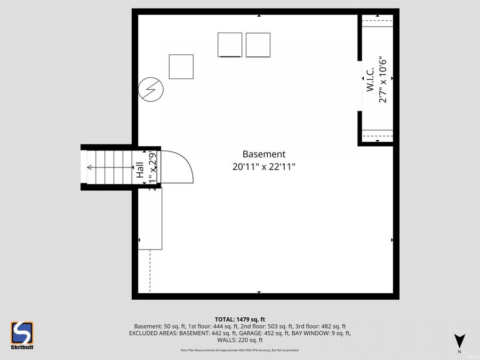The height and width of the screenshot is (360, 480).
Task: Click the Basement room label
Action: pyautogui.click(x=264, y=154)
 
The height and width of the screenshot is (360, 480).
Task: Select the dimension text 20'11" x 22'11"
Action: pyautogui.click(x=264, y=166)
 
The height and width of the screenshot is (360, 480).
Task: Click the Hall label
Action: pyautogui.click(x=140, y=170)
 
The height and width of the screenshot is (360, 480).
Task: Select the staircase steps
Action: pyautogui.click(x=109, y=167)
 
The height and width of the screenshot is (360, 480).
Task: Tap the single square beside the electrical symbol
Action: pyautogui.click(x=181, y=67)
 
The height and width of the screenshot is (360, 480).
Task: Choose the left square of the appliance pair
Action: pyautogui.click(x=230, y=45)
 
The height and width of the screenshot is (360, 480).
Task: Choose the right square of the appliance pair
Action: pyautogui.click(x=258, y=45)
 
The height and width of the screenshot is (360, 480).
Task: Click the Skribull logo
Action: pyautogui.click(x=22, y=335)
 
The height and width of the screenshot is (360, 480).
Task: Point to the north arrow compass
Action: pyautogui.click(x=459, y=341)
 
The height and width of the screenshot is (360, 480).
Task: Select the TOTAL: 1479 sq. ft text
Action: pyautogui.click(x=240, y=319)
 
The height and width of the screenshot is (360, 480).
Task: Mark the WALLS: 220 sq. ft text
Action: pyautogui.click(x=240, y=340)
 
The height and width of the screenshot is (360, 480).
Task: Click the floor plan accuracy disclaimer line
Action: pyautogui.click(x=240, y=350)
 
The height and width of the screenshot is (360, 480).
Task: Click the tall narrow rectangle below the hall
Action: pyautogui.click(x=150, y=219)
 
